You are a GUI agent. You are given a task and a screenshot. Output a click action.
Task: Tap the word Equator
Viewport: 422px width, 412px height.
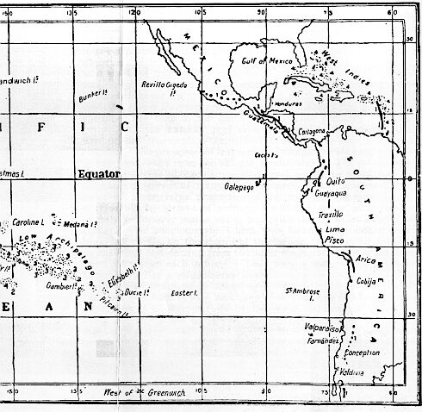pos(98,173)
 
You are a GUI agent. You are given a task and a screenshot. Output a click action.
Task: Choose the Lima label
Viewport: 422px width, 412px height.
pos(335,229)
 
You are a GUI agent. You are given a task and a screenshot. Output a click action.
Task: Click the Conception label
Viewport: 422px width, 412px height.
pos(361,353)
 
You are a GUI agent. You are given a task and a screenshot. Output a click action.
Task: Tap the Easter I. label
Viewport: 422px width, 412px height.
pos(184,293)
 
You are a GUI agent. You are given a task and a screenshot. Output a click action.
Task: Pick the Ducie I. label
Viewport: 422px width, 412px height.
pos(137,293)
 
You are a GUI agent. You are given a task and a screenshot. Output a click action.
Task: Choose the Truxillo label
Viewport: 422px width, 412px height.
pos(331,214)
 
